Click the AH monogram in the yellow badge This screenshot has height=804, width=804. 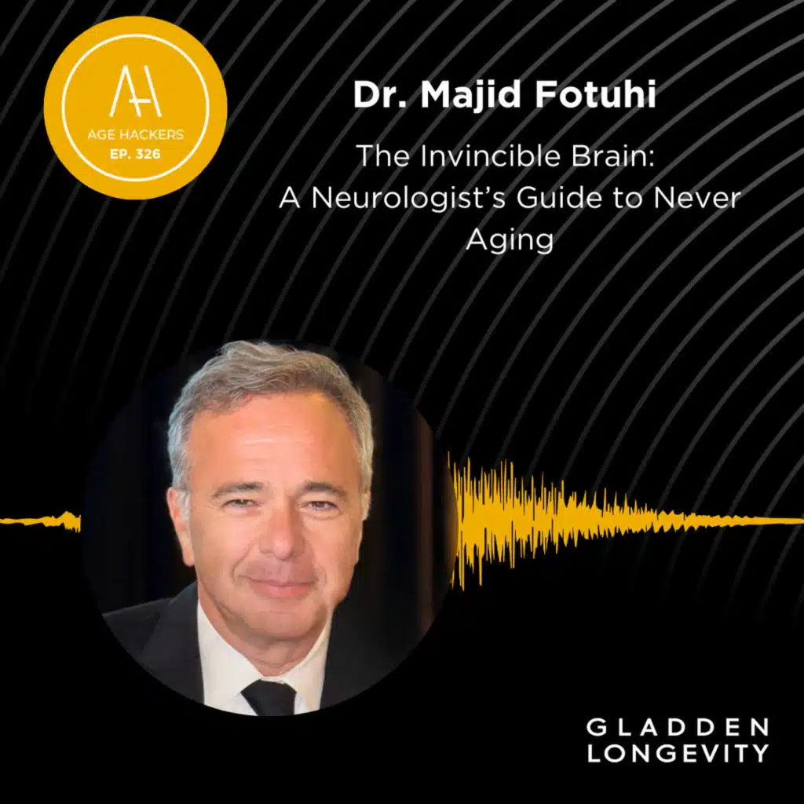[x=135, y=91]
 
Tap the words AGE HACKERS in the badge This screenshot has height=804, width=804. [x=135, y=135]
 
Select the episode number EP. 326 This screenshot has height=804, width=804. [x=135, y=154]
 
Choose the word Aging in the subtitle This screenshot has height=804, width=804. [x=510, y=239]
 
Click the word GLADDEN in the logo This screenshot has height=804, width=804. [x=678, y=727]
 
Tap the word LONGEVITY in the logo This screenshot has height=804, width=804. [x=678, y=753]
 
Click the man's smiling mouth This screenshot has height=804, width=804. [x=280, y=584]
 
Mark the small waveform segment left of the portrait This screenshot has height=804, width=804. [x=41, y=521]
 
